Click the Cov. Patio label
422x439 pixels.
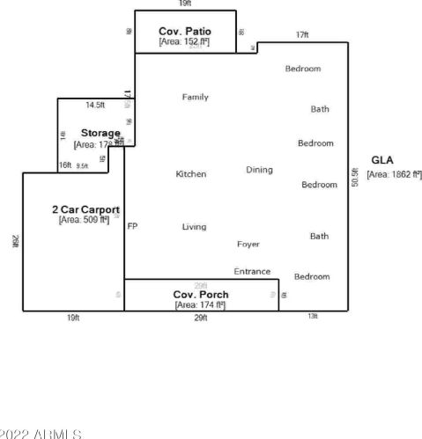pyautogui.click(x=185, y=31)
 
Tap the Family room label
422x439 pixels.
pyautogui.click(x=195, y=97)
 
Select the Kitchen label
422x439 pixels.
pyautogui.click(x=191, y=174)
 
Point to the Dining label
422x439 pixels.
pyautogui.click(x=259, y=170)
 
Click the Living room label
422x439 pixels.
pyautogui.click(x=194, y=227)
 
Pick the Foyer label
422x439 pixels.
pyautogui.click(x=248, y=244)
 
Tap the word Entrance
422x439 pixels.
pyautogui.click(x=252, y=272)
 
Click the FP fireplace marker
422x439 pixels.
pyautogui.click(x=132, y=227)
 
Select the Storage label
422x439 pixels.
pyautogui.click(x=100, y=133)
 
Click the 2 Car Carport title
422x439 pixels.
pyautogui.click(x=85, y=209)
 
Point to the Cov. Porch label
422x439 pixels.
pyautogui.click(x=201, y=295)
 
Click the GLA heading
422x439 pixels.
pyautogui.click(x=382, y=160)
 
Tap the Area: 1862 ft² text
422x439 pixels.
pyautogui.click(x=394, y=174)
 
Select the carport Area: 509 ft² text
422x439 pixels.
pyautogui.click(x=84, y=220)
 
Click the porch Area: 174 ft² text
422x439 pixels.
pyautogui.click(x=200, y=304)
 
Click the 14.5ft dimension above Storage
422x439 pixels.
pyautogui.click(x=94, y=105)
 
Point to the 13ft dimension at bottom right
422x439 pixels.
pyautogui.click(x=313, y=317)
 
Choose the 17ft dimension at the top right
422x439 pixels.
pyautogui.click(x=302, y=35)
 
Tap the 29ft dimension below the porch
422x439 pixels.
pyautogui.click(x=201, y=318)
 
